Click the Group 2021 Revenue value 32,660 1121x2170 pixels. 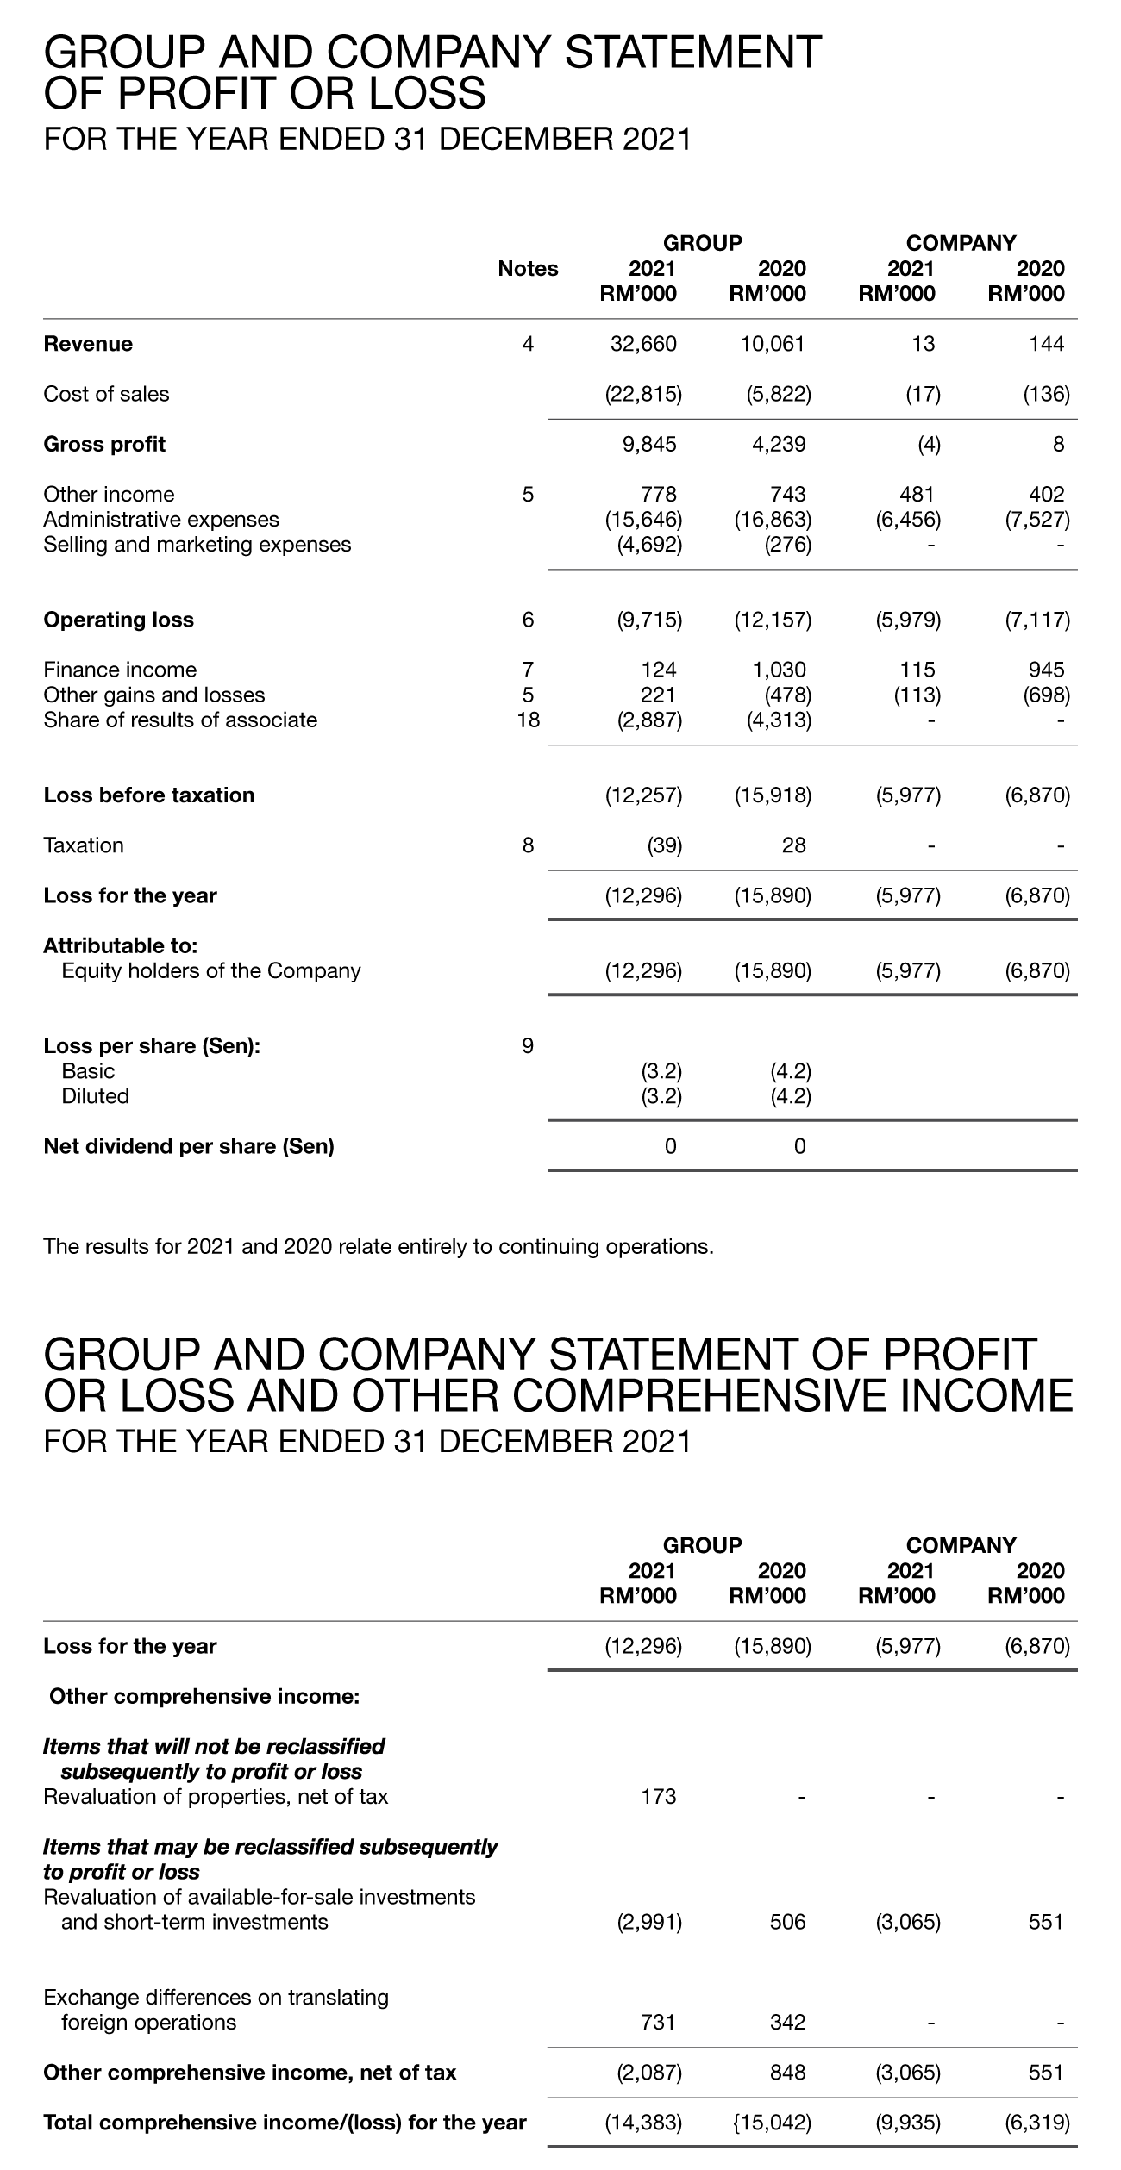pos(643,344)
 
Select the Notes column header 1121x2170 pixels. pos(528,269)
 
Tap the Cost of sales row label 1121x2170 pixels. pos(106,394)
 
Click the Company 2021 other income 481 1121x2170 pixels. pos(917,494)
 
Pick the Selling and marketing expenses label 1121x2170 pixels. pos(197,545)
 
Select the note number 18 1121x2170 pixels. pos(528,720)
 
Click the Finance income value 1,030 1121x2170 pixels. pos(778,670)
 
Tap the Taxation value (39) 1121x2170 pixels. pos(664,845)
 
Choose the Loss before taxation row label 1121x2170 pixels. pos(148,795)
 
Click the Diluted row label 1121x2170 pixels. pos(95,1096)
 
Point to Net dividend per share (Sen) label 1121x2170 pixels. pos(188,1146)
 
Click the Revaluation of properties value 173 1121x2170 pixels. pos(659,1797)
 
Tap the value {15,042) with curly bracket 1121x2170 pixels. pos(773,2122)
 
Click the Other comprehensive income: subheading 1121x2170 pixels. pos(204,1696)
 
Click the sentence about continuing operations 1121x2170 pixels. pos(379,1246)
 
